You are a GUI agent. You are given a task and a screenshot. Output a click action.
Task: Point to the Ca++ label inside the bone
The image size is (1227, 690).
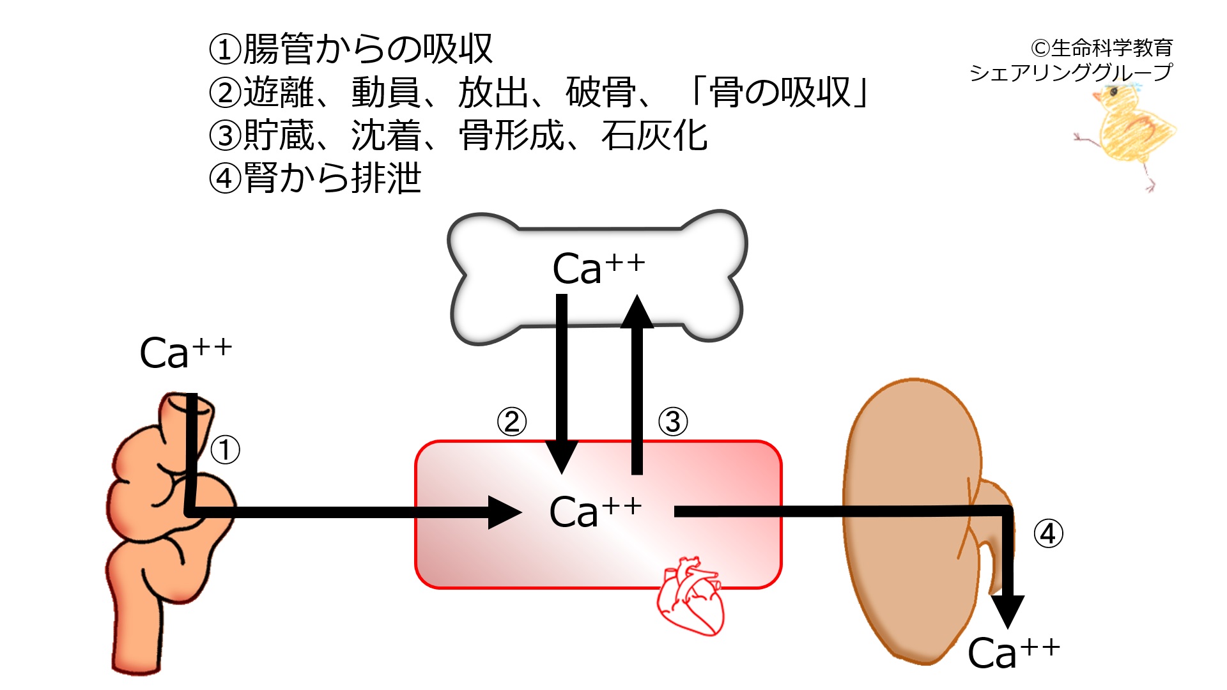pos(598,268)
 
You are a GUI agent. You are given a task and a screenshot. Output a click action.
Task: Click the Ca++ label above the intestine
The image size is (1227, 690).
pos(185,353)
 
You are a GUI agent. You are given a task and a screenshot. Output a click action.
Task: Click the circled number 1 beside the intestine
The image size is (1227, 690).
pos(225,450)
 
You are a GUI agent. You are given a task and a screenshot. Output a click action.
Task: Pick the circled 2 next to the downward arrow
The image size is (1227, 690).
pos(512,422)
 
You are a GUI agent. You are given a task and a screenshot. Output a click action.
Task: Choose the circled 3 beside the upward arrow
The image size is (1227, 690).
pos(673,422)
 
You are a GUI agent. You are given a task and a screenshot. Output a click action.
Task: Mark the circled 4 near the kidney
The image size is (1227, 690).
pos(1048,534)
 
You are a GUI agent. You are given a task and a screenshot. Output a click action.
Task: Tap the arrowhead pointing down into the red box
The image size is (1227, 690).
pos(561,456)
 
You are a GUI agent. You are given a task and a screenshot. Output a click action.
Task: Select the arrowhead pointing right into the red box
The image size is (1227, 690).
pos(504,512)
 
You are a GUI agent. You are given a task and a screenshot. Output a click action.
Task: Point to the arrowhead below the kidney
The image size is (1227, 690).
pos(1007,611)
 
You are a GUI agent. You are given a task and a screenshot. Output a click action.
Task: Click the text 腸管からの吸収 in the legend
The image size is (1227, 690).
pos(367,49)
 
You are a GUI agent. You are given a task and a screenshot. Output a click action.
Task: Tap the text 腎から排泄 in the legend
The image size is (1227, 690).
pos(332,178)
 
